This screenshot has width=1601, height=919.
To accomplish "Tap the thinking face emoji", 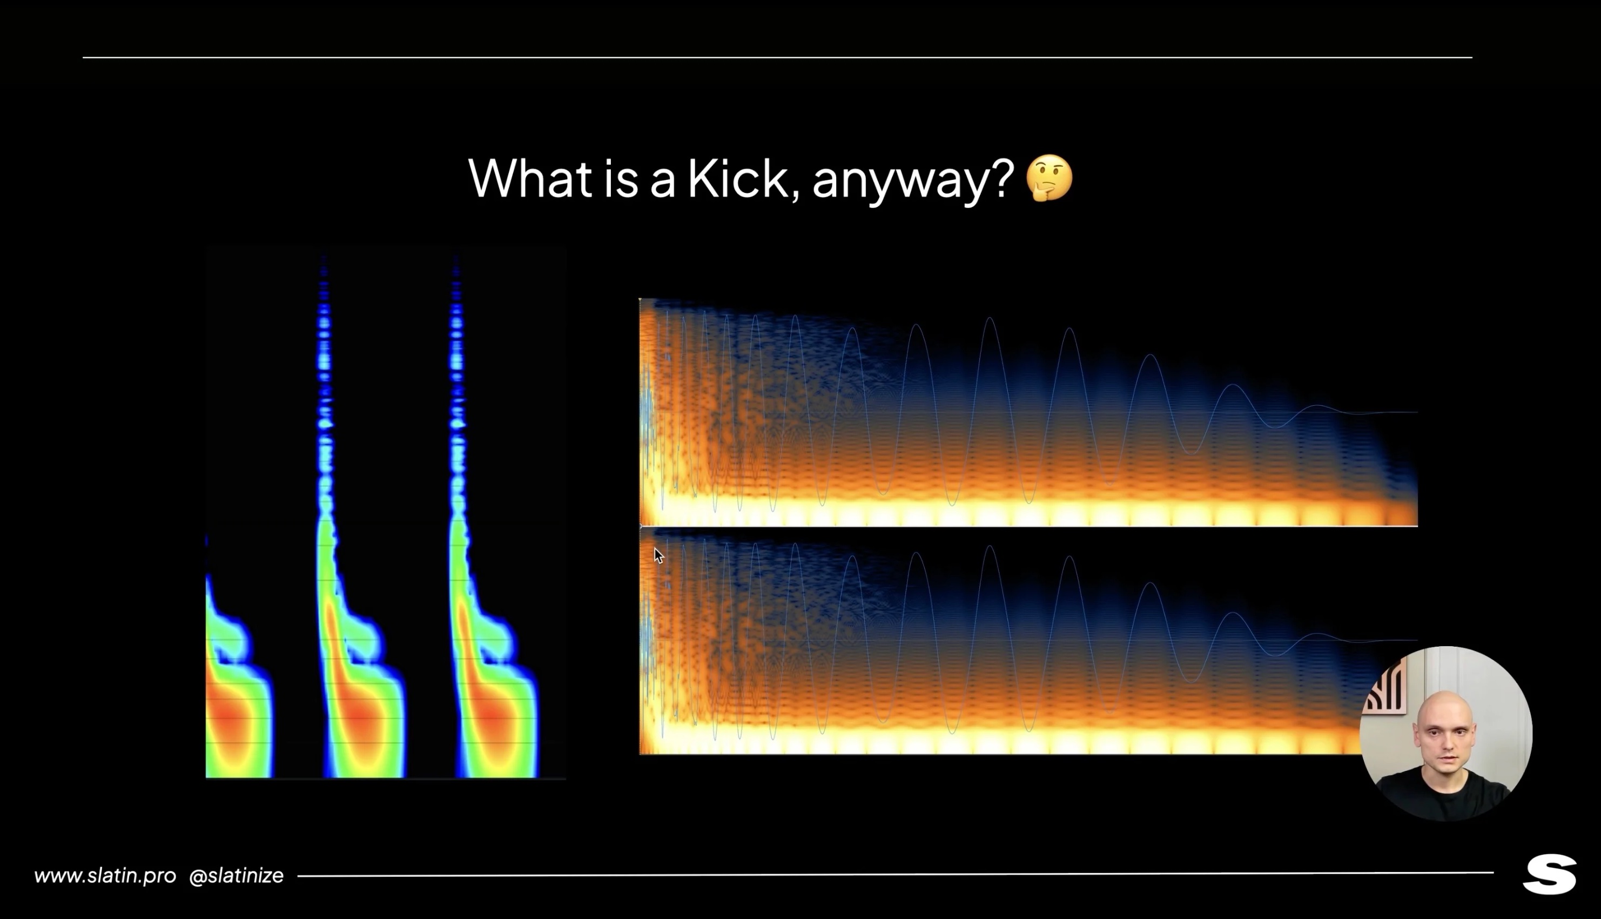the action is point(1049,177).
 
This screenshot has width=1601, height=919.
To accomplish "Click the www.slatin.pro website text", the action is point(105,875).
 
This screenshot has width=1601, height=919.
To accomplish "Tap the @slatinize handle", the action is point(236,875).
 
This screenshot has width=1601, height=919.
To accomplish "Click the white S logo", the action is point(1549,874).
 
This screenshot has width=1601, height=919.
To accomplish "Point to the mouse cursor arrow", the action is point(659,555).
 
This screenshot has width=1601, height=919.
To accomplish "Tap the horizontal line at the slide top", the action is point(777,57).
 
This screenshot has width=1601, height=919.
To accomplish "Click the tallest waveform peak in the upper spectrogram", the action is point(990,319).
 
